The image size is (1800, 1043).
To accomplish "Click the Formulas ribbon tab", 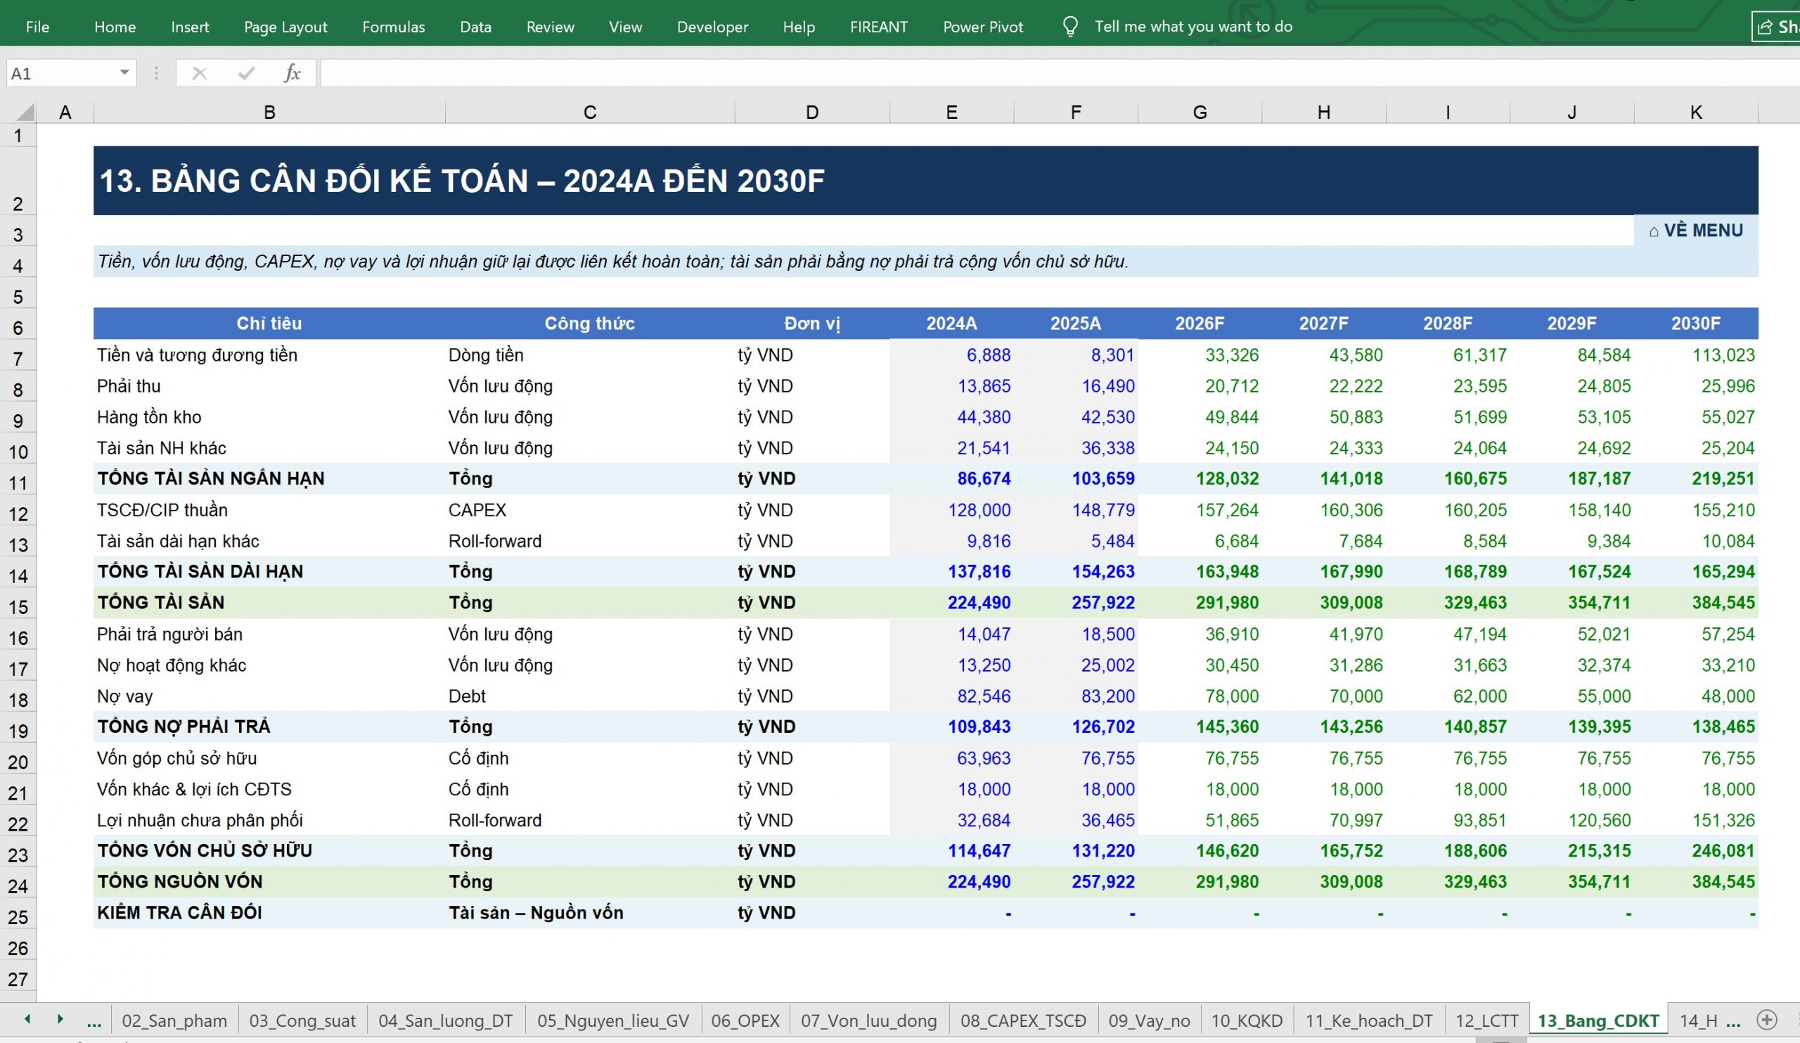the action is tap(394, 27).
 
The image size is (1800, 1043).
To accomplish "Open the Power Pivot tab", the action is tap(983, 27).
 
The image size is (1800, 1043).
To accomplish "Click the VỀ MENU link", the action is tap(1696, 231).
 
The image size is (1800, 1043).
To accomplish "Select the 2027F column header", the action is tap(1323, 324).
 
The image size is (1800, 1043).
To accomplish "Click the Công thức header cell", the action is tap(589, 324).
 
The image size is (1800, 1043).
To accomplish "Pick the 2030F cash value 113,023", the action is tap(1723, 355).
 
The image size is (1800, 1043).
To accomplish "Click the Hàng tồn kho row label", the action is tap(149, 417).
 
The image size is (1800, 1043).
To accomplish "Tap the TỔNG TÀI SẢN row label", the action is tap(161, 603).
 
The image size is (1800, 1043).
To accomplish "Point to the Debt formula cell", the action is tap(467, 696).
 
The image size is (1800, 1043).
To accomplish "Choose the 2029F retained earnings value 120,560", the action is tap(1600, 820).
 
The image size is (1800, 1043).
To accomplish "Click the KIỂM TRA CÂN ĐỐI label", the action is tap(179, 913).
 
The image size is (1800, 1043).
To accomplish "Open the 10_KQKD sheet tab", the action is tap(1247, 1021).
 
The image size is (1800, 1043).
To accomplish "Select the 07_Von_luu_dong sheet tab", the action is tap(868, 1021).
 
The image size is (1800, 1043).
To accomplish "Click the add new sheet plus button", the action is tap(1766, 1020).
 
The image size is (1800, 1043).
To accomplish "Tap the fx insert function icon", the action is tap(292, 73).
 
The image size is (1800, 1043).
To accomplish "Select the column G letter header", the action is tap(1200, 112).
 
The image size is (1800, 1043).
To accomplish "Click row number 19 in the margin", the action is tap(18, 731).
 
